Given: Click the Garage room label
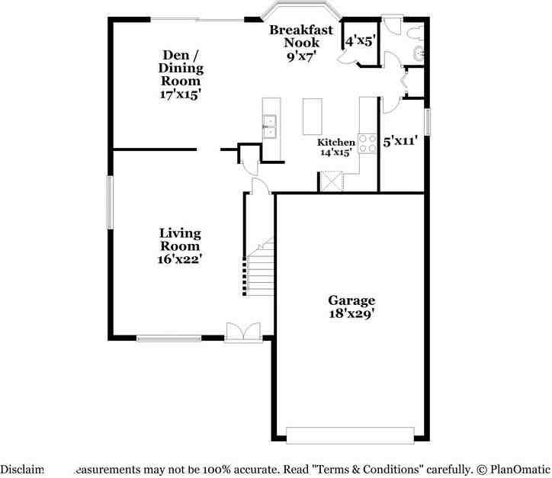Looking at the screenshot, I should [x=351, y=300].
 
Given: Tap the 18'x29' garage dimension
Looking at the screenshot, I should [x=351, y=313].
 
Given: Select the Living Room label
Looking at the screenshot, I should [x=180, y=239].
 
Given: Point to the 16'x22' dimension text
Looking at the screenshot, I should [x=180, y=259].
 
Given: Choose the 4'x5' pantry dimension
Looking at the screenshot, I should [x=360, y=41].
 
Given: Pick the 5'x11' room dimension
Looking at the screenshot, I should [x=400, y=141].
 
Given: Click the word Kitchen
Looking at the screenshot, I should [x=336, y=142].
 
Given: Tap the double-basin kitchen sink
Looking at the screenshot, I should [x=270, y=127].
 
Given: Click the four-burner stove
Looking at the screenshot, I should [x=367, y=143].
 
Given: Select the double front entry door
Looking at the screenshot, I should [x=243, y=332].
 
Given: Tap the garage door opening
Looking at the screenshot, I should [x=350, y=435].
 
